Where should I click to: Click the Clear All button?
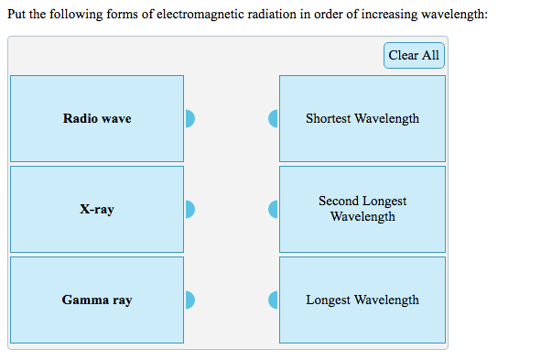coord(414,55)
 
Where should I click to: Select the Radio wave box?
coord(97,118)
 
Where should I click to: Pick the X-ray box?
coord(97,209)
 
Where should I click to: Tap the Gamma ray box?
coord(97,300)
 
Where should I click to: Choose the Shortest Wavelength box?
coord(362,118)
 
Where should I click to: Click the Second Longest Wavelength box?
coord(362,209)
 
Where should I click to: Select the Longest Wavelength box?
coord(362,300)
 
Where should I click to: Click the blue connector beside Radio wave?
coord(189,118)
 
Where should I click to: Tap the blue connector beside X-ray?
coord(189,209)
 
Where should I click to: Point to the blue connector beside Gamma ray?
coord(189,300)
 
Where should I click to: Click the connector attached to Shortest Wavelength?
coord(273,118)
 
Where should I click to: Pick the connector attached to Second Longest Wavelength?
coord(273,209)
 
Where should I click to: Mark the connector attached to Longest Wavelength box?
coord(273,300)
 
